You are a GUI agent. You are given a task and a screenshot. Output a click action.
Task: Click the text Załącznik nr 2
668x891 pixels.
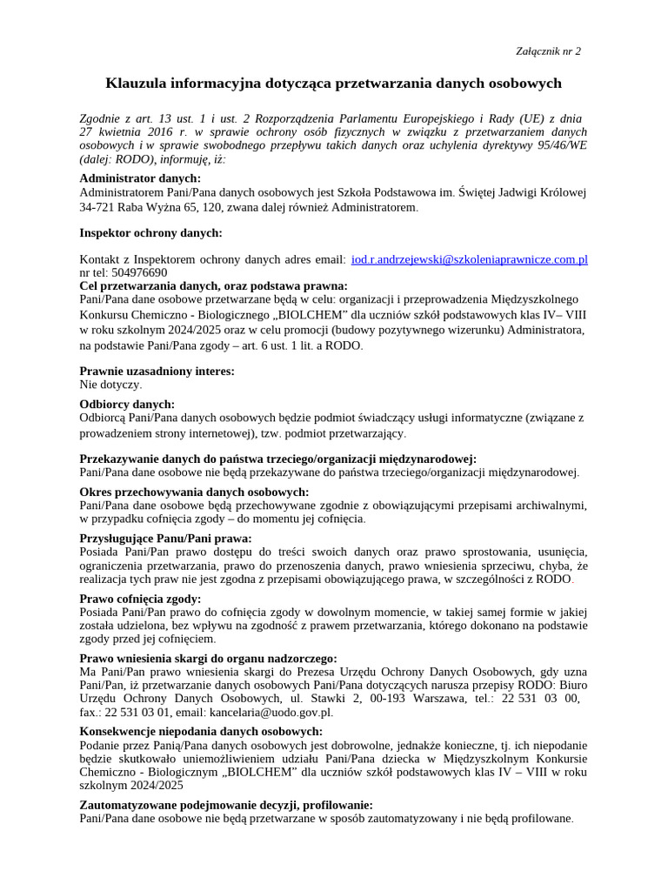[547, 50]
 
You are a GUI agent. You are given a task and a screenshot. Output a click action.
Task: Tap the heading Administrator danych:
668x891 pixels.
[140, 178]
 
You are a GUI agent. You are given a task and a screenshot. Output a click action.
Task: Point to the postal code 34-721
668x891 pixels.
[97, 208]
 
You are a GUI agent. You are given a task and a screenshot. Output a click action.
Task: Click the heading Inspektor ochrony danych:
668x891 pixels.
[150, 232]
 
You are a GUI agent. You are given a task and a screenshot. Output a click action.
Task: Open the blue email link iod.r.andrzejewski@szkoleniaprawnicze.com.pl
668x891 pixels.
[469, 259]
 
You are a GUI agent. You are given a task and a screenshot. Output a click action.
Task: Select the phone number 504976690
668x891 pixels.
[139, 272]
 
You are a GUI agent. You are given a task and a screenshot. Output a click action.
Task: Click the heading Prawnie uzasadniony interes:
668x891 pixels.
[157, 371]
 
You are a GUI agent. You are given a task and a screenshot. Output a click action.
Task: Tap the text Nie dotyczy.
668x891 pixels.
[110, 384]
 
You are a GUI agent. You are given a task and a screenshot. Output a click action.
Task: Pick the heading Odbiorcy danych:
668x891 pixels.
[127, 404]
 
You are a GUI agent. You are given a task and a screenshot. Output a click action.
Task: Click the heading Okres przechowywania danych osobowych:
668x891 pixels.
[194, 492]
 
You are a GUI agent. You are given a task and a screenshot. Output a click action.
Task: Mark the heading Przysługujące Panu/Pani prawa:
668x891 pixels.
[165, 539]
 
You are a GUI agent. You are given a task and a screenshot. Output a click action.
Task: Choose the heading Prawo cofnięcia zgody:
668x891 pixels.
[140, 599]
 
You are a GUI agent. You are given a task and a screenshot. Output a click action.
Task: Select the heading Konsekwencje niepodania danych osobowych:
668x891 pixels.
[201, 731]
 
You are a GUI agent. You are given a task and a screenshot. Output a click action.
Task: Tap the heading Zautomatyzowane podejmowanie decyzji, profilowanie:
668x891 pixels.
[226, 805]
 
